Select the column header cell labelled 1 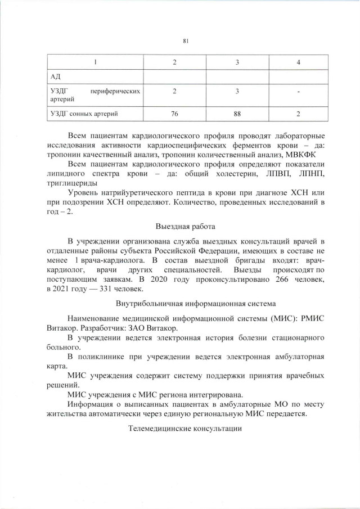(x=95, y=62)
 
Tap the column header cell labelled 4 (x=298, y=62)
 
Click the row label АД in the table (x=55, y=76)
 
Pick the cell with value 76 (x=174, y=114)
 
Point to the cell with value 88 (x=237, y=114)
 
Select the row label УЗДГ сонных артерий (x=84, y=114)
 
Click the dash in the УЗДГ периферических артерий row (x=298, y=91)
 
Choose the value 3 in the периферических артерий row (x=237, y=91)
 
